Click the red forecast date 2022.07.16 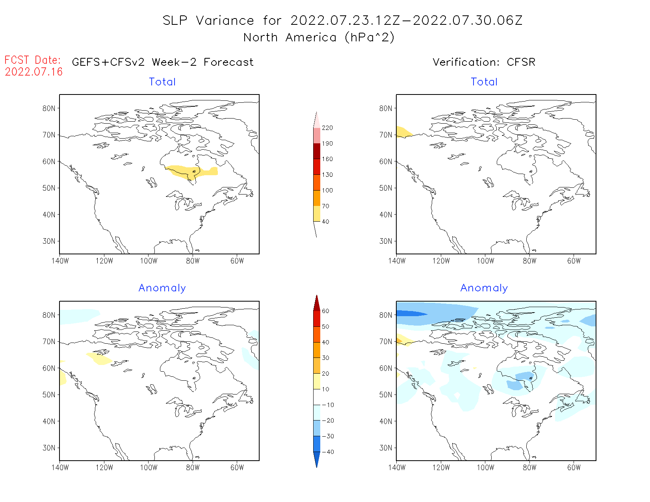pos(33,72)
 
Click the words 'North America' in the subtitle pos(290,37)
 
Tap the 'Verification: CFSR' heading pos(484,62)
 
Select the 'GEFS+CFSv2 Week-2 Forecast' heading pos(163,62)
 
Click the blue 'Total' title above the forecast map pos(162,82)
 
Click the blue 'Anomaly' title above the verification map pos(484,288)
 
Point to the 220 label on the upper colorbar pos(327,128)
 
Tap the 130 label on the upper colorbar pos(327,175)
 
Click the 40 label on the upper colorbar pos(325,222)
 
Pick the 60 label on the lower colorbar pos(325,311)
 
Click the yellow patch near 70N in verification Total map pos(403,132)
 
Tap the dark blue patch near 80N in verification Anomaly pos(410,313)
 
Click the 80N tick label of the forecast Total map pos(49,108)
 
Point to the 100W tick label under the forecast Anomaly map pos(149,467)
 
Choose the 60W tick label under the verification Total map pos(574,261)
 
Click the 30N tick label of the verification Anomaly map pos(386,448)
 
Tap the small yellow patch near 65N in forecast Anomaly pos(99,358)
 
